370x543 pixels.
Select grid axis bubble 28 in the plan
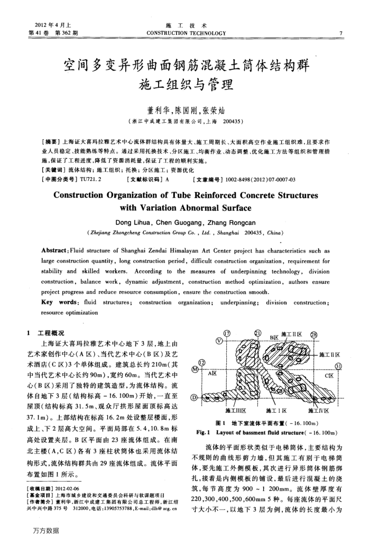click(x=313, y=335)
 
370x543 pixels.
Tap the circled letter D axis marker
click(x=195, y=396)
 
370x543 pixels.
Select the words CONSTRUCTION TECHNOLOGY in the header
click(x=186, y=33)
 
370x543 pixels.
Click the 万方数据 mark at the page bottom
click(x=45, y=530)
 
